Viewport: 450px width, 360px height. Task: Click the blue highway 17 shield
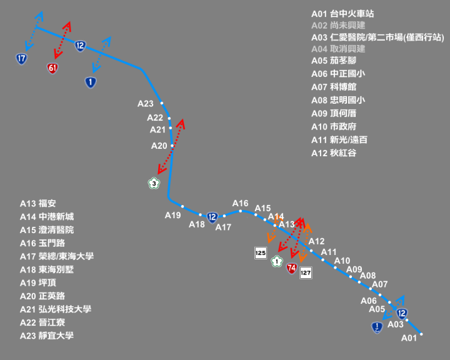pyautogui.click(x=21, y=59)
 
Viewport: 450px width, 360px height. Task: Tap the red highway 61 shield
pyautogui.click(x=52, y=68)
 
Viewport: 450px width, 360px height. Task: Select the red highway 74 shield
pyautogui.click(x=292, y=268)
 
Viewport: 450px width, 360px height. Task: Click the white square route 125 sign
pyautogui.click(x=261, y=253)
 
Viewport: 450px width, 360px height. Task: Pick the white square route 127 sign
pyautogui.click(x=306, y=272)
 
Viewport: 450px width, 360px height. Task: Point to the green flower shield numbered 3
pyautogui.click(x=154, y=184)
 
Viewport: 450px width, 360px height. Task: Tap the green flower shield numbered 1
pyautogui.click(x=277, y=261)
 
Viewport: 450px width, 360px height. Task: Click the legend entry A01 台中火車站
pyautogui.click(x=342, y=14)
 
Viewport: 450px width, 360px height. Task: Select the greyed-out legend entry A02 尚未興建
pyautogui.click(x=338, y=26)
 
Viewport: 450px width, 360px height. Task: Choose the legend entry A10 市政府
pyautogui.click(x=334, y=127)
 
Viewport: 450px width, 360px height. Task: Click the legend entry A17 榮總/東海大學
pyautogui.click(x=57, y=256)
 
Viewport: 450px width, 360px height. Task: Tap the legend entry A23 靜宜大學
pyautogui.click(x=47, y=336)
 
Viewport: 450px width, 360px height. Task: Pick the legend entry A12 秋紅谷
pyautogui.click(x=334, y=153)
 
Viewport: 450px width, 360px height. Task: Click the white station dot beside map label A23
pyautogui.click(x=162, y=103)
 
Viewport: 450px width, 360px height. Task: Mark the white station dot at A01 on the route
pyautogui.click(x=421, y=334)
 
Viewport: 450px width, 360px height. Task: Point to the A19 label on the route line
pyautogui.click(x=172, y=215)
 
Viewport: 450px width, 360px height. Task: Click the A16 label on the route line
pyautogui.click(x=240, y=204)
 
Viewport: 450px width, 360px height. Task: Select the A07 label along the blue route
pyautogui.click(x=380, y=284)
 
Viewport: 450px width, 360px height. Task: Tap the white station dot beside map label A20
pyautogui.click(x=172, y=146)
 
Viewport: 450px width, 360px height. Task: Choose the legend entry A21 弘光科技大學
pyautogui.click(x=56, y=309)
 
